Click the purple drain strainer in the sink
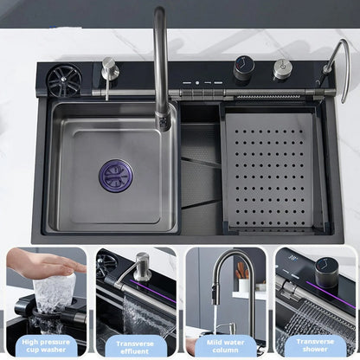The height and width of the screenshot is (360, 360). click(116, 175)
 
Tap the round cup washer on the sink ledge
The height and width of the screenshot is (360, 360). click(64, 80)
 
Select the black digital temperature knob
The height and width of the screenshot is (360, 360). click(244, 68)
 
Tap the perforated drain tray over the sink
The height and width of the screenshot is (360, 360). click(269, 170)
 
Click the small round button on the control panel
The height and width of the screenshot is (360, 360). click(197, 83)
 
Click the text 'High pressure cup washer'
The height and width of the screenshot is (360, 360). click(46, 346)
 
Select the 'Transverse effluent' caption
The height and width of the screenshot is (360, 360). click(135, 347)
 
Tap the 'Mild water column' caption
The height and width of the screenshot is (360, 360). click(225, 346)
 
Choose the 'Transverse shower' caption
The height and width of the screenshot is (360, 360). click(315, 345)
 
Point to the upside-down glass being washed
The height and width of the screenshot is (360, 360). click(55, 292)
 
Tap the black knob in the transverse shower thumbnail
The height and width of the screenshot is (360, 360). click(326, 273)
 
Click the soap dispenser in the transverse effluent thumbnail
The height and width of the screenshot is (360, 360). click(141, 267)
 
